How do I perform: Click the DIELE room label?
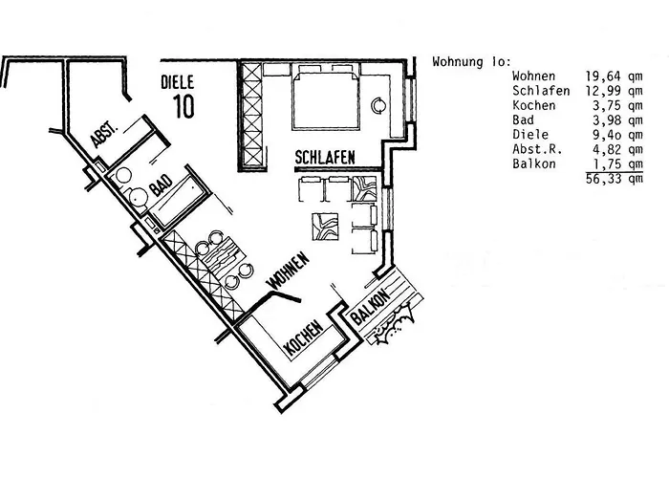(179, 84)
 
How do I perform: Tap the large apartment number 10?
(183, 105)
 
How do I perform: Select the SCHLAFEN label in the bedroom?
(326, 157)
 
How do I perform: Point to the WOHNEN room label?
(289, 271)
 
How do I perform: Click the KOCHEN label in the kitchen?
(304, 339)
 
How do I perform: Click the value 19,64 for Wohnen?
(603, 76)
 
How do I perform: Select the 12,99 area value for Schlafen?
(603, 91)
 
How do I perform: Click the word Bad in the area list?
(524, 119)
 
